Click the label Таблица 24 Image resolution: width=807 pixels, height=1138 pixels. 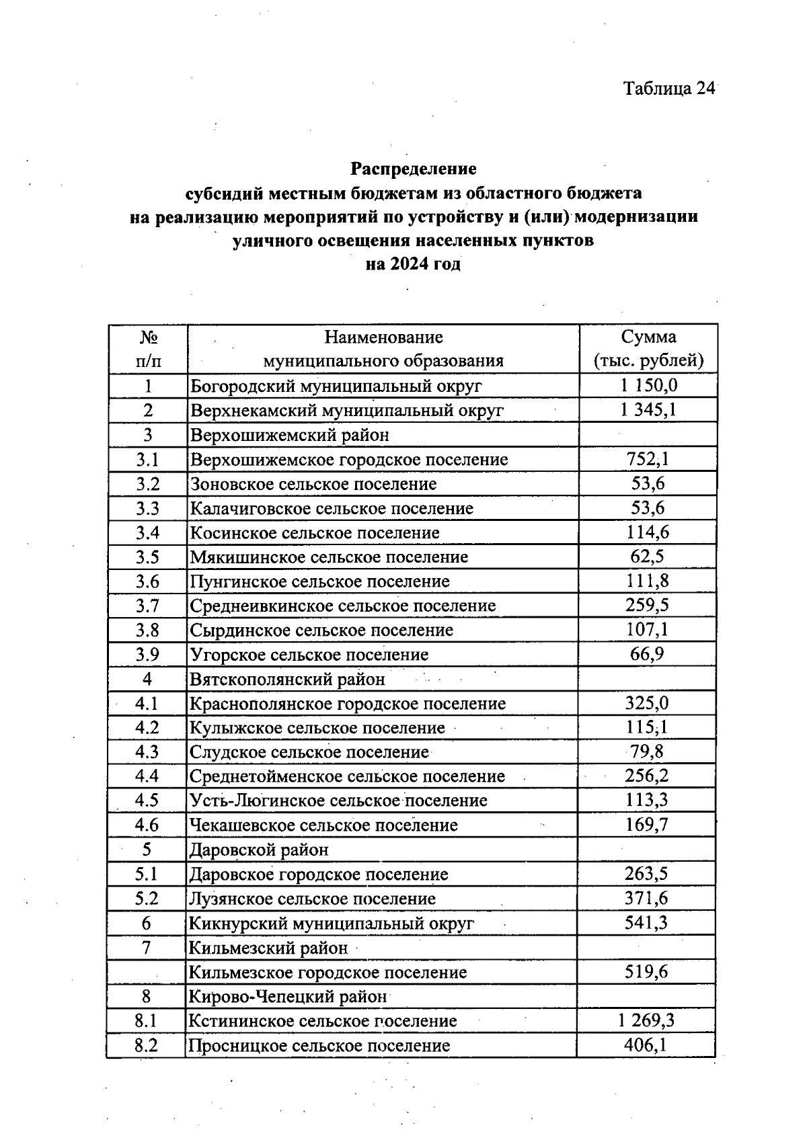(668, 89)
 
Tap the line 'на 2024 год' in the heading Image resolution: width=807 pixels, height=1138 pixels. (413, 264)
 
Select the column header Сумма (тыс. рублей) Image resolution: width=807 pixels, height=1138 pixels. (648, 348)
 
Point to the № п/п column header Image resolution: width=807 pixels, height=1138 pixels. (148, 348)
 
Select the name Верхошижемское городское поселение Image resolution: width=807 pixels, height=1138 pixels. (349, 460)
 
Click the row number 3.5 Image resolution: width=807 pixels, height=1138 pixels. (147, 557)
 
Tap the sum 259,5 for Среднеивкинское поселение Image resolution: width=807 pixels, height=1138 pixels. (647, 605)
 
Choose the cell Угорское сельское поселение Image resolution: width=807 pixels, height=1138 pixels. (309, 655)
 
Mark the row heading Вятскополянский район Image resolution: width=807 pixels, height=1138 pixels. (287, 679)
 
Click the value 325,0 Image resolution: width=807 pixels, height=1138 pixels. (647, 703)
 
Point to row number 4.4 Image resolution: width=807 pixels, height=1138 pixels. (147, 776)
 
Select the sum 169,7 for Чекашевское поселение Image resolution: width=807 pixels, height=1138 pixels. (647, 825)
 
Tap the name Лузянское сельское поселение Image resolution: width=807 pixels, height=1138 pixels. (312, 899)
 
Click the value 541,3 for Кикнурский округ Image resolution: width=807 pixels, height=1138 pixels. (646, 923)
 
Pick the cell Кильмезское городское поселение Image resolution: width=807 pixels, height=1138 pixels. (328, 972)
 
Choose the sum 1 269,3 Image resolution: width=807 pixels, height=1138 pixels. (646, 1021)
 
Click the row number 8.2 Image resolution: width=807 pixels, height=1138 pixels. (146, 1046)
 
